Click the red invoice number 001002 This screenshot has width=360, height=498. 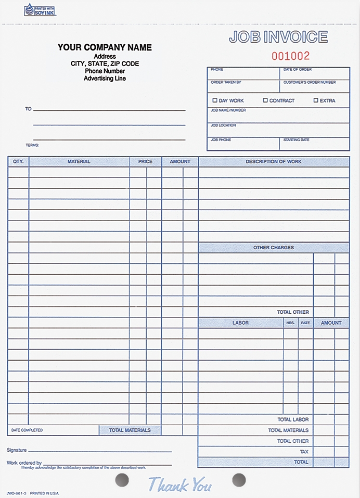click(x=290, y=56)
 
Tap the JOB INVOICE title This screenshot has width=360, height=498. click(x=278, y=37)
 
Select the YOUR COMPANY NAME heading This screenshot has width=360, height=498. click(x=105, y=47)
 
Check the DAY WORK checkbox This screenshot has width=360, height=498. click(x=215, y=100)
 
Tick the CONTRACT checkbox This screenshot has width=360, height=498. click(x=265, y=100)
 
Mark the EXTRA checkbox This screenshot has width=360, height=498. click(x=316, y=100)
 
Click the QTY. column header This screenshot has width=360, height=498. click(x=18, y=162)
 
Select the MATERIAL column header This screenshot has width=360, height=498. click(x=79, y=162)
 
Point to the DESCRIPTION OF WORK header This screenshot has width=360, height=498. click(x=274, y=162)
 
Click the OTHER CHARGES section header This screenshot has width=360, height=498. click(x=274, y=248)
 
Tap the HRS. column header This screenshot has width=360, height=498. click(x=290, y=323)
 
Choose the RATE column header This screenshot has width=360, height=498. click(x=305, y=323)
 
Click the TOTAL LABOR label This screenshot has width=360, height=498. click(x=293, y=419)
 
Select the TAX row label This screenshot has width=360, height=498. click(x=304, y=452)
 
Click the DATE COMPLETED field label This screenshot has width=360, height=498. click(x=27, y=430)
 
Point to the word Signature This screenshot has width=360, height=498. click(x=17, y=450)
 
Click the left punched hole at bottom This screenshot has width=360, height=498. click(x=121, y=479)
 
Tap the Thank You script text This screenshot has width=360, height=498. click(x=180, y=485)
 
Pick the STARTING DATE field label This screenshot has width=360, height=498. click(x=296, y=140)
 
